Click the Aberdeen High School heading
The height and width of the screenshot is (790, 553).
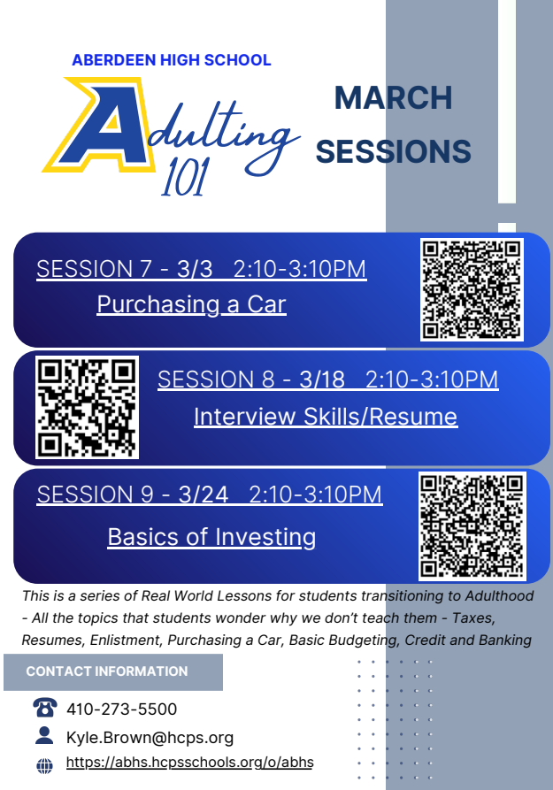172,60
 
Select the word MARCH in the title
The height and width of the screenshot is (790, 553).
393,98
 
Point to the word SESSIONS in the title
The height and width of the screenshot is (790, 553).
393,151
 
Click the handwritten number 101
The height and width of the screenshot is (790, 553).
183,180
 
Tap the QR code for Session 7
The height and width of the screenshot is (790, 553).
472,289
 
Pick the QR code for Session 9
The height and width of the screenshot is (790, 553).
472,525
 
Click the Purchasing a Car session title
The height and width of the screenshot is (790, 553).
191,304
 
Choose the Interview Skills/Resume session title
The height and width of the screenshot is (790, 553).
326,416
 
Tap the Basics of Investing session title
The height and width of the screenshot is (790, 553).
211,536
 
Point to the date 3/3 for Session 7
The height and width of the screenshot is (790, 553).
195,269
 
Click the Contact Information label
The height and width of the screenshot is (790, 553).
107,671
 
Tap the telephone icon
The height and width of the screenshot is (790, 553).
44,708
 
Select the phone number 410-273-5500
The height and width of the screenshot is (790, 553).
121,709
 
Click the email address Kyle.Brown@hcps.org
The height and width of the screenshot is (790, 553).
150,737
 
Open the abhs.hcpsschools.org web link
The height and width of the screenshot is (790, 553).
189,763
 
